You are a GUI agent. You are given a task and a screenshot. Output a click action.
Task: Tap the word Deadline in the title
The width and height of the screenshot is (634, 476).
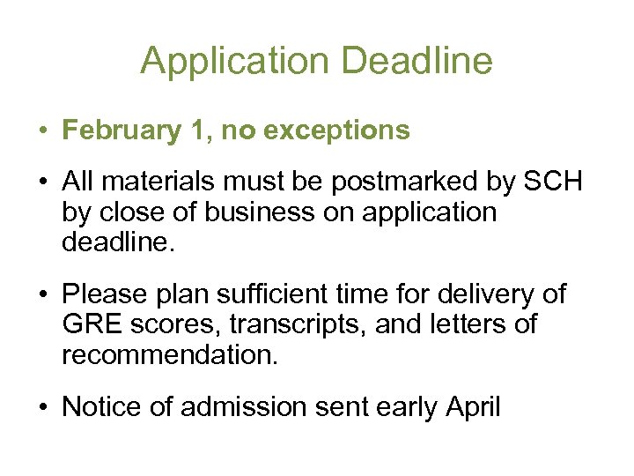tap(418, 61)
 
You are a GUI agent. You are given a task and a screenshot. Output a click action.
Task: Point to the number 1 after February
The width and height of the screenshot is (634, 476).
tap(198, 130)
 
